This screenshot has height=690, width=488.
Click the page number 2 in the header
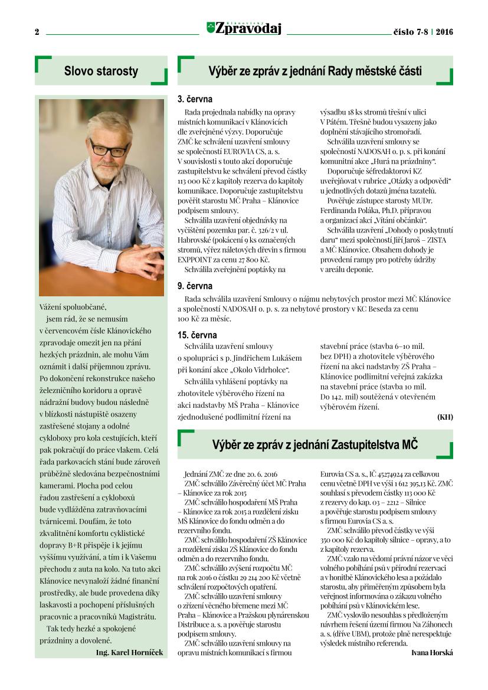37,32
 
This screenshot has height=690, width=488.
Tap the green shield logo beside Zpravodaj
211,27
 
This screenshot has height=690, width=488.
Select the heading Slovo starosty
101,71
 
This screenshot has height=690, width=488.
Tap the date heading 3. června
195,99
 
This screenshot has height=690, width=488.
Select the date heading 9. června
195,286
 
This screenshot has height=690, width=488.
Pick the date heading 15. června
196,335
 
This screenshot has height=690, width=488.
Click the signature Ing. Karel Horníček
129,652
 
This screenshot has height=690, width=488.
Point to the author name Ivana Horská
431,652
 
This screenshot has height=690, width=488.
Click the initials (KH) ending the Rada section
445,417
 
